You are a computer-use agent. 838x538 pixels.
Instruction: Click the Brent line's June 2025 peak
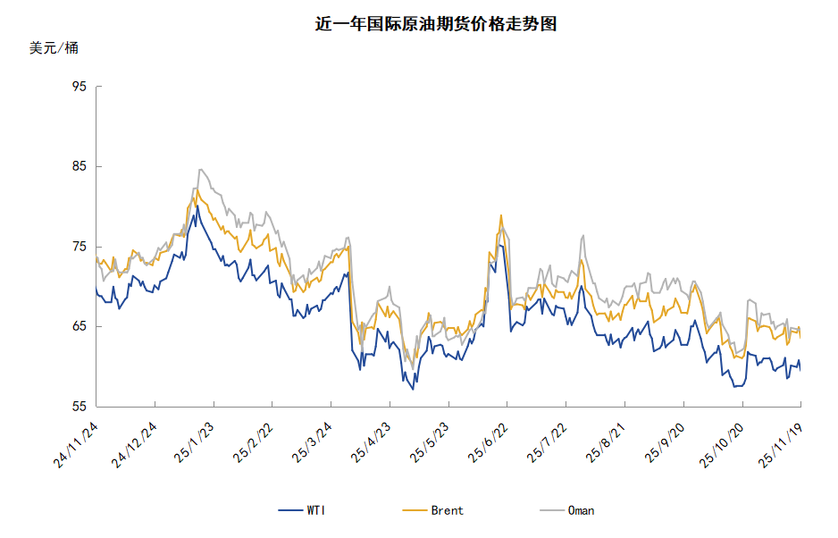[x=501, y=215]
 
